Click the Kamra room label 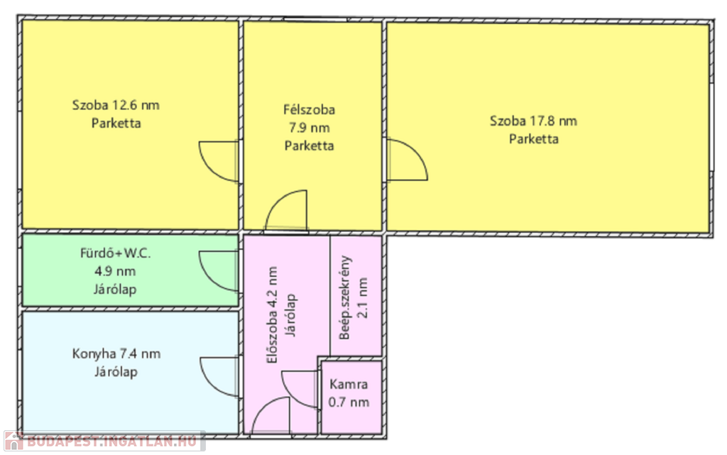tap(349, 384)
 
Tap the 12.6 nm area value tap(136, 105)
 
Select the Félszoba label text tap(310, 110)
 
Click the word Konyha tap(94, 354)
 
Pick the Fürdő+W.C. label tap(116, 253)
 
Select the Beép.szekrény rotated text tap(345, 298)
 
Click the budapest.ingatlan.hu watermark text tap(111, 441)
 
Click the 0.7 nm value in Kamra tap(349, 402)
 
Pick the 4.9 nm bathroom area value tap(115, 272)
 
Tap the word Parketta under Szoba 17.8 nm tap(534, 139)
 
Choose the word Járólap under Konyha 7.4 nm tap(116, 372)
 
